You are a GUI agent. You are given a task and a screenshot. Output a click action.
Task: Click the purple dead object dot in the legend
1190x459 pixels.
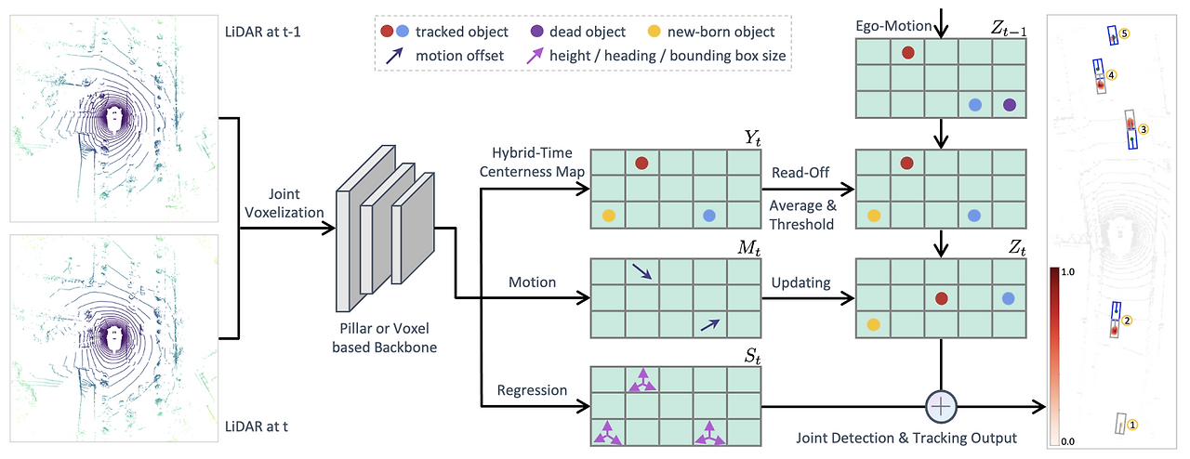coord(539,32)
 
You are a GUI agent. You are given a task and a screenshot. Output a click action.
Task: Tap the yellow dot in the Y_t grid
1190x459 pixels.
coord(609,216)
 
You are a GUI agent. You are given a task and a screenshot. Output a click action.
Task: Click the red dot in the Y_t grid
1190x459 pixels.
coord(641,164)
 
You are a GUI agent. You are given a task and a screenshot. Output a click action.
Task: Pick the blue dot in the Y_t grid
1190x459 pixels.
coord(709,216)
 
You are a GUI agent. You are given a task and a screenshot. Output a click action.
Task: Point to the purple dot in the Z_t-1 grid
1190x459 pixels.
coord(1010,105)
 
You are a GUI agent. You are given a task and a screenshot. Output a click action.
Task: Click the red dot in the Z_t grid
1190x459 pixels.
coord(941,298)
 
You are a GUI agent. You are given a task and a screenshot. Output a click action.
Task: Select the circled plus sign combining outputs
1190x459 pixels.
coord(942,406)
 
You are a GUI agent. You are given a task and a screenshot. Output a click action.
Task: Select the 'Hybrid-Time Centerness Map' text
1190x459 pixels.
coord(532,161)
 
